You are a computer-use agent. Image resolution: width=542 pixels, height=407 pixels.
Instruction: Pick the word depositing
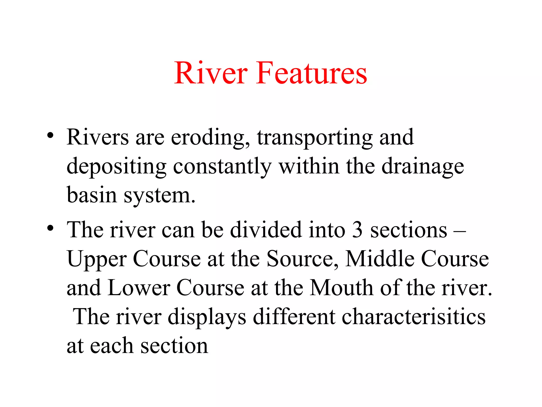tap(116, 167)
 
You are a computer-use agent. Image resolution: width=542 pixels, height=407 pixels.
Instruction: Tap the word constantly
tap(222, 167)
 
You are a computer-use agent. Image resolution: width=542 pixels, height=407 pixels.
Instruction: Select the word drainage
tap(423, 167)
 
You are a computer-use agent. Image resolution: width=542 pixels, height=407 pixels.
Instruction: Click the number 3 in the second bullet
tap(358, 230)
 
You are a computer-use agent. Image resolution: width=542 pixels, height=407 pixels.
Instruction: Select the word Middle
tap(380, 259)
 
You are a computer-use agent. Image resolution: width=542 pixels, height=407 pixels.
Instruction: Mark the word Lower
tap(139, 288)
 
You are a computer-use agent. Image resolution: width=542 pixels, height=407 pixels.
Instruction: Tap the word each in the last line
tap(111, 346)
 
